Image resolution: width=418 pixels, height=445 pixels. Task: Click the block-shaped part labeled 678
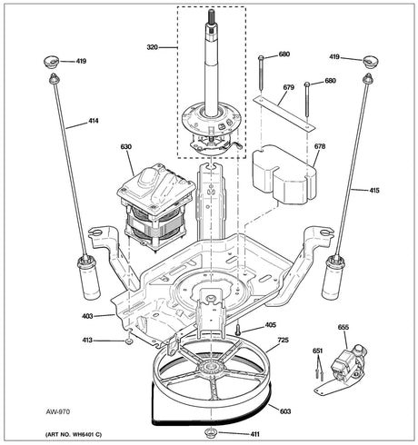coord(284,174)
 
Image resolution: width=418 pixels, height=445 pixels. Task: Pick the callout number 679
coord(288,88)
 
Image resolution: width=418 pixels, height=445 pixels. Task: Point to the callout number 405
coord(270,324)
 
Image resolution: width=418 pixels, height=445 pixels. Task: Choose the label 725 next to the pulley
coord(284,341)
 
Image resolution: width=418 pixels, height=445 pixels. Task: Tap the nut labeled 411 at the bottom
coord(210,430)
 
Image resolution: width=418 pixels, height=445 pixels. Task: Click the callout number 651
coord(317,351)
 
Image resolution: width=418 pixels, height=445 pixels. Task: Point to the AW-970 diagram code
coord(34,410)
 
